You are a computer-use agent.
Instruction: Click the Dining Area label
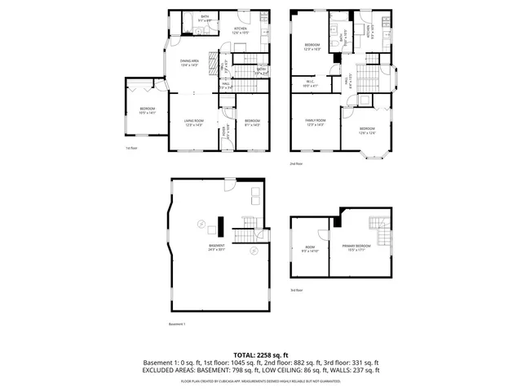(x=190, y=62)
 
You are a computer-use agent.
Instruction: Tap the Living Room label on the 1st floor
(x=192, y=122)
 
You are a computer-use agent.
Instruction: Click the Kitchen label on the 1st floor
(x=241, y=30)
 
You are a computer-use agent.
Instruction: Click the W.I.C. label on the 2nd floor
(x=311, y=82)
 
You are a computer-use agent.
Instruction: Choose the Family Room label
(x=315, y=122)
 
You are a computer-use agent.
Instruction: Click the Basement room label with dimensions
(x=216, y=247)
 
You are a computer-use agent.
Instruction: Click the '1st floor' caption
(x=130, y=148)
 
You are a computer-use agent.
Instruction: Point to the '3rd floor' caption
(x=297, y=290)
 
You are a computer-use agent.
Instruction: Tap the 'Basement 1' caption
(x=177, y=324)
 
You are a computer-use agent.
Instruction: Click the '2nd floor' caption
(x=296, y=163)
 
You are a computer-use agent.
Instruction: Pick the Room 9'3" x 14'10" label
(x=309, y=250)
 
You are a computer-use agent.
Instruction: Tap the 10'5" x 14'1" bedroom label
(x=147, y=110)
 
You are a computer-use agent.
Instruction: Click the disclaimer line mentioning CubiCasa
(x=260, y=381)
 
